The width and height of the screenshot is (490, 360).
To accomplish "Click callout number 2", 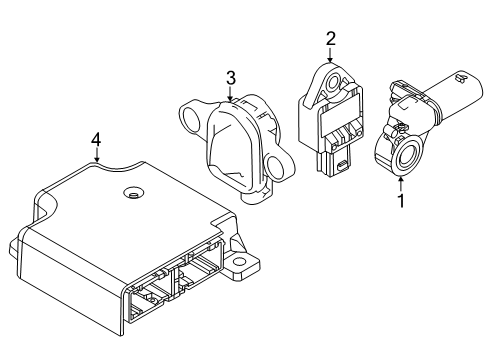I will (330, 39).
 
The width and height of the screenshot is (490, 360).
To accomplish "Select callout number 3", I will (230, 77).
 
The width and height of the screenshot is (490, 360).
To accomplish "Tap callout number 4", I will (96, 140).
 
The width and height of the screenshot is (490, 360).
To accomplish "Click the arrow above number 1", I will (400, 183).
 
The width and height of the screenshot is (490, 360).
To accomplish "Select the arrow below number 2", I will (330, 56).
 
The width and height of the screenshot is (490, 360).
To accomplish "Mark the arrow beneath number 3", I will (230, 95).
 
